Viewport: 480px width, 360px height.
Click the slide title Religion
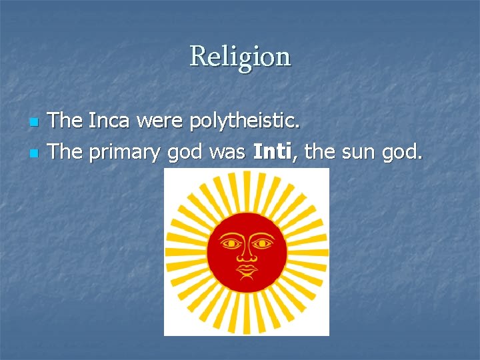click(x=240, y=57)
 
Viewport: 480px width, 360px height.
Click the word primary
click(x=125, y=153)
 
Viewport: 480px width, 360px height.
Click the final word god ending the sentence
click(x=402, y=153)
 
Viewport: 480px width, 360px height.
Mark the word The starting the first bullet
click(x=65, y=121)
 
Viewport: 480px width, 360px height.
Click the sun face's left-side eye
click(x=231, y=243)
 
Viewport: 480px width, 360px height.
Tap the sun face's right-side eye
click(x=262, y=243)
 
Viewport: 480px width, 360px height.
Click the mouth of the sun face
click(x=247, y=270)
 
